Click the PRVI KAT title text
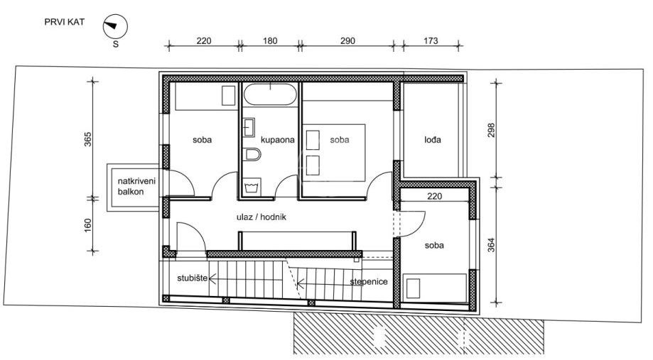(65, 22)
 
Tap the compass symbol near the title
(115, 27)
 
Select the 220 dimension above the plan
(204, 40)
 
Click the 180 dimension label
(270, 40)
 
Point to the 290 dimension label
(347, 40)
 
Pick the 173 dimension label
(431, 40)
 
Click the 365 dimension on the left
(88, 139)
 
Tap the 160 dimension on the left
(88, 225)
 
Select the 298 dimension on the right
(492, 130)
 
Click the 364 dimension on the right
(492, 245)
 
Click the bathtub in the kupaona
(270, 94)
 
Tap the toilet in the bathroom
(253, 154)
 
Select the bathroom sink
(249, 127)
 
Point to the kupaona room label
(278, 140)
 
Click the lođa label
(433, 140)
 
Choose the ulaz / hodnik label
(261, 217)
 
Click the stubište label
(193, 278)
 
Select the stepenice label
(369, 282)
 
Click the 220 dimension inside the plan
(434, 196)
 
